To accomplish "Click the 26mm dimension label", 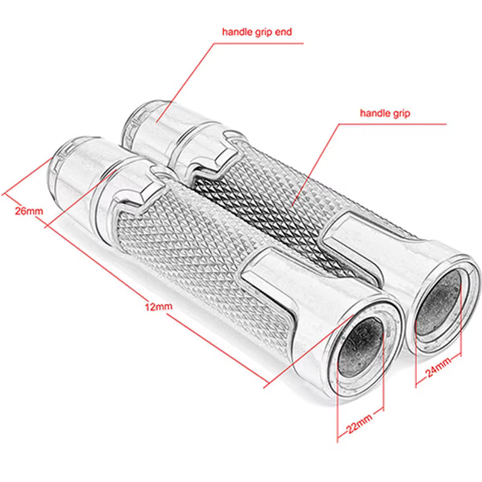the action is [29, 211].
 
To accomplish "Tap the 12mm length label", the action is [158, 306].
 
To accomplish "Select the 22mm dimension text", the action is [359, 424].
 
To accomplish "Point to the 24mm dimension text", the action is [439, 367].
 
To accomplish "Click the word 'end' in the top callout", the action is [283, 32].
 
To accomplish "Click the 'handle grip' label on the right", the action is [385, 113].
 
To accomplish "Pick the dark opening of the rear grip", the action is [438, 304].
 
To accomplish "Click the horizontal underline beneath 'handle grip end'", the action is [258, 43].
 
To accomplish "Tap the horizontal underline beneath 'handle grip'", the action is [393, 124].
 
